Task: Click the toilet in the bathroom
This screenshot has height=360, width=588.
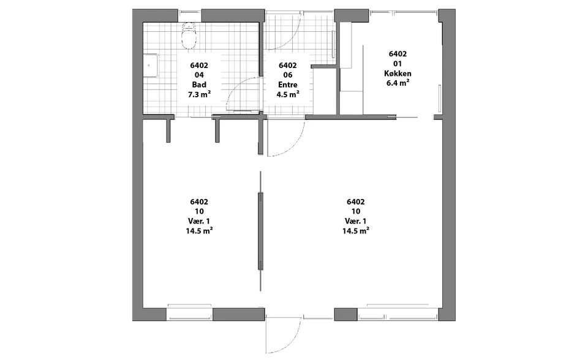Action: (189, 36)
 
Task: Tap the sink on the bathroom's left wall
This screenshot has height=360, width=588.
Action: (151, 66)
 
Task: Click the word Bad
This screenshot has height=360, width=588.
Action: (199, 84)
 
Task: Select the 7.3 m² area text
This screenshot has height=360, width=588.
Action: (199, 94)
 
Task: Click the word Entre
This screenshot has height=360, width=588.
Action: (288, 84)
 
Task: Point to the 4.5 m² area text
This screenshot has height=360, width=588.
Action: (288, 94)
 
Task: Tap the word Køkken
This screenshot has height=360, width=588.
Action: (398, 73)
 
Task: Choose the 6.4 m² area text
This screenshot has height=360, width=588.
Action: (398, 83)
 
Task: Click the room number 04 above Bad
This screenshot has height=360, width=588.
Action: (199, 75)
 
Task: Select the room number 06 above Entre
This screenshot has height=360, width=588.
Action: (288, 75)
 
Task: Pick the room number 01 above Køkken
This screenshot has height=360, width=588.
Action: (398, 64)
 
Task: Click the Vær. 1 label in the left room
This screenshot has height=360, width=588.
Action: (199, 221)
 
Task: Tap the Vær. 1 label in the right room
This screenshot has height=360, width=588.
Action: (355, 221)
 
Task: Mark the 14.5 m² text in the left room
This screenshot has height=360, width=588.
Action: (199, 231)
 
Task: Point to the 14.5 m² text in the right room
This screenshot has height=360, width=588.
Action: (355, 231)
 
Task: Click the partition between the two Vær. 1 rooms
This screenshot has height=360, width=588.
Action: (261, 231)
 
